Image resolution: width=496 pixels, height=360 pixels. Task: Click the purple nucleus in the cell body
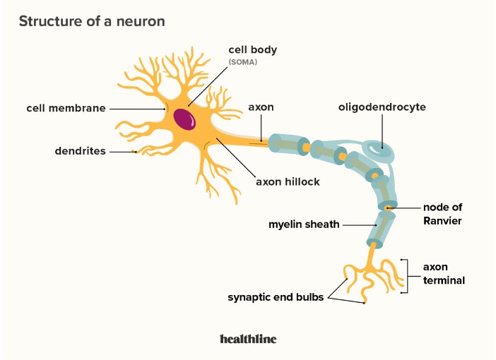pyautogui.click(x=184, y=119)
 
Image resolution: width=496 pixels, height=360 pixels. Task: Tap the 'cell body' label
pyautogui.click(x=253, y=50)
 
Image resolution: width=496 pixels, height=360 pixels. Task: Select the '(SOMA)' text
pyautogui.click(x=243, y=62)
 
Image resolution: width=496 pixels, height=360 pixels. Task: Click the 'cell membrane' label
pyautogui.click(x=66, y=108)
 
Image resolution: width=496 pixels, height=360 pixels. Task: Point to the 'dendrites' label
pyautogui.click(x=81, y=151)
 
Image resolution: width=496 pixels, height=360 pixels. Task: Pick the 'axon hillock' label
pyautogui.click(x=288, y=181)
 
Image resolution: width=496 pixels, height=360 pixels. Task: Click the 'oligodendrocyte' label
pyautogui.click(x=382, y=107)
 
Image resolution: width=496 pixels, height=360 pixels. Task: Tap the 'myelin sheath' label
pyautogui.click(x=304, y=224)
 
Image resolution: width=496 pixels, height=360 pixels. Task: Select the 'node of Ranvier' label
pyautogui.click(x=442, y=214)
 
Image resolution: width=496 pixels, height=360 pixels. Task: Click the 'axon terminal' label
pyautogui.click(x=444, y=273)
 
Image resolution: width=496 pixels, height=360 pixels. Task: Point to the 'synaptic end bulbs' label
pyautogui.click(x=276, y=297)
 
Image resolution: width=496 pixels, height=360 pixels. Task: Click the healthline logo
pyautogui.click(x=248, y=339)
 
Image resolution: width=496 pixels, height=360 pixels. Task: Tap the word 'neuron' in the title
pyautogui.click(x=141, y=21)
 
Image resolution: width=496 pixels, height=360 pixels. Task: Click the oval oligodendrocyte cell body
pyautogui.click(x=378, y=150)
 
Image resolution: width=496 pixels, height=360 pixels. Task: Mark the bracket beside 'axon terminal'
pyautogui.click(x=405, y=276)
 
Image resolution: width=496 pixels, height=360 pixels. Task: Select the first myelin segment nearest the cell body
pyautogui.click(x=289, y=144)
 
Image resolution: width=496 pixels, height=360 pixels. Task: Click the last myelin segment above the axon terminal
pyautogui.click(x=381, y=229)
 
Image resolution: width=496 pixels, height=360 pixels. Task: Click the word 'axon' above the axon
pyautogui.click(x=261, y=107)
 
